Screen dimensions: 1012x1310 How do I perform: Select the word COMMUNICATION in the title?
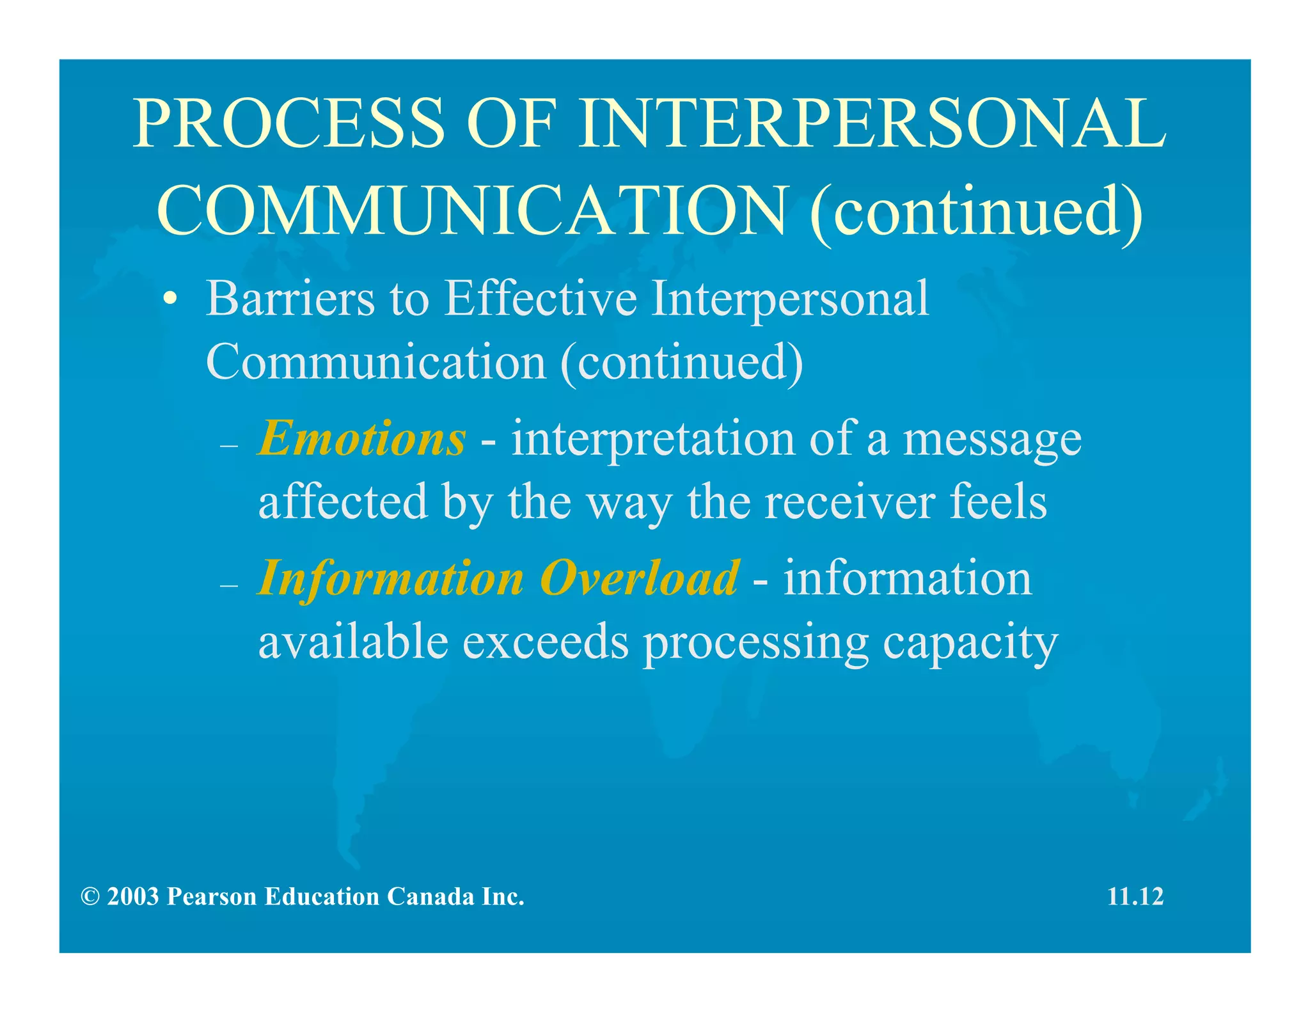(x=472, y=210)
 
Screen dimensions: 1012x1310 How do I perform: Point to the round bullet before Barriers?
(x=170, y=299)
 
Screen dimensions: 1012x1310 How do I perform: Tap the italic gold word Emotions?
(x=362, y=439)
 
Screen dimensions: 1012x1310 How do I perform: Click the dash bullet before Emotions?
(x=228, y=445)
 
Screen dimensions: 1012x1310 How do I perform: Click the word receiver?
(x=849, y=502)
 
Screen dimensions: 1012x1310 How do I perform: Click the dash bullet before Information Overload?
(x=228, y=585)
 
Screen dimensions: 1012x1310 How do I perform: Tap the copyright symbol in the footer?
(x=90, y=897)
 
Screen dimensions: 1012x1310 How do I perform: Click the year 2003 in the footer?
(x=133, y=897)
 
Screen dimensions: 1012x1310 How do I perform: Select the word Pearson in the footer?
(x=211, y=897)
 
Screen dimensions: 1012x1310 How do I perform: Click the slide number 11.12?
(x=1135, y=897)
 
